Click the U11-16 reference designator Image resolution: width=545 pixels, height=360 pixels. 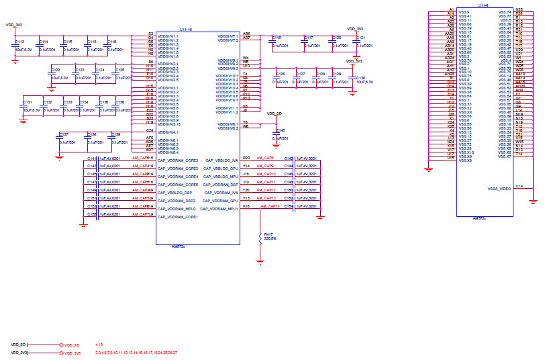(186, 30)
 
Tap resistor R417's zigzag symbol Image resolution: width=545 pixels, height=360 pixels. (260, 237)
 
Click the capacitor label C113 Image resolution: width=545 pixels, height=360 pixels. (19, 42)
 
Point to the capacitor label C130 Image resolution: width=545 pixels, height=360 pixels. (361, 78)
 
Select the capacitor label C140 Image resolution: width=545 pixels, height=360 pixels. (281, 130)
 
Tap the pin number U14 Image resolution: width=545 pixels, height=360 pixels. (519, 186)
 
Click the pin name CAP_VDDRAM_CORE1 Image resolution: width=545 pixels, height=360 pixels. (178, 218)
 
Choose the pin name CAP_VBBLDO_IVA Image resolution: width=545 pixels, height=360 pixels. (222, 161)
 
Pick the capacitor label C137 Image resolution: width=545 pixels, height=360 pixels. (64, 134)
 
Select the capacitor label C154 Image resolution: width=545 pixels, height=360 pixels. (289, 206)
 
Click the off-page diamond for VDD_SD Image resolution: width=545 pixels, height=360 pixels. (62, 345)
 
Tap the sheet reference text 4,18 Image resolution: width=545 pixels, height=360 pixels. (99, 344)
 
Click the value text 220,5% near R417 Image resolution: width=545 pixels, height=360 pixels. (270, 238)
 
